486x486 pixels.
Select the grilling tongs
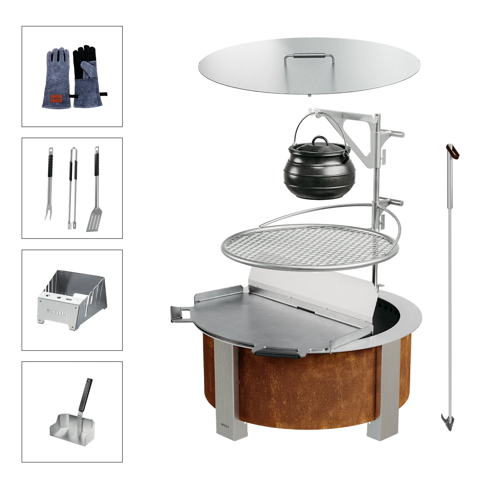point(73,188)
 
